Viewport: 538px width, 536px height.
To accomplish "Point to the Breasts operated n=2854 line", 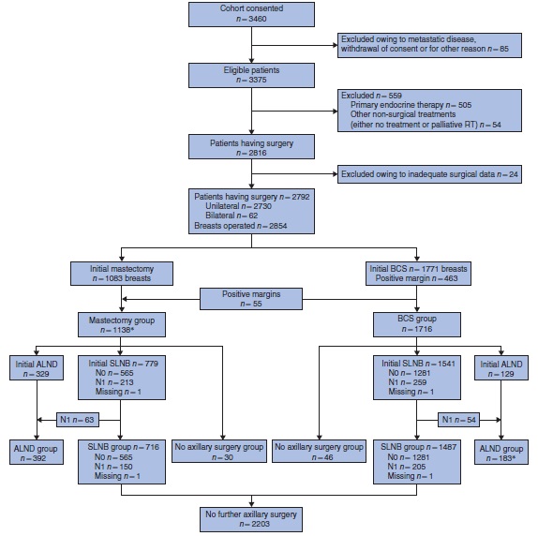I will pyautogui.click(x=239, y=227).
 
